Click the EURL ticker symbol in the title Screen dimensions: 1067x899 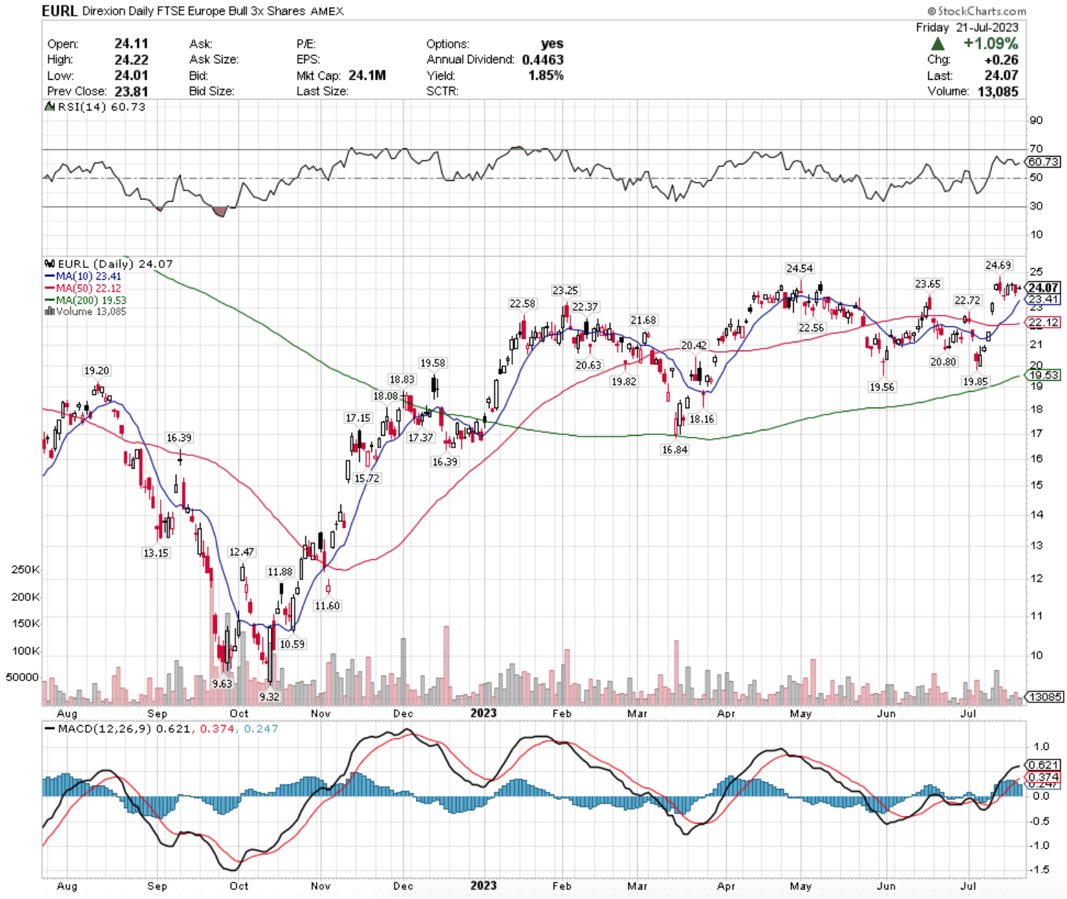coord(59,11)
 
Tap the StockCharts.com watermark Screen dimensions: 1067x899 coord(976,11)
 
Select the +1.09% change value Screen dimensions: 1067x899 coord(991,43)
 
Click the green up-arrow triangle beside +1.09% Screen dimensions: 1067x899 coord(938,44)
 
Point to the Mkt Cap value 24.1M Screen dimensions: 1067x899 coord(367,76)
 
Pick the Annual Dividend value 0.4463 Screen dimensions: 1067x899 coord(542,60)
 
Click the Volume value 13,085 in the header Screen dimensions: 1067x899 coord(998,91)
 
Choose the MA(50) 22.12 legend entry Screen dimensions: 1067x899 coord(83,288)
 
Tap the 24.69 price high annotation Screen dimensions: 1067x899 coord(998,265)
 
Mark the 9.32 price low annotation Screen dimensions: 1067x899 coord(269,696)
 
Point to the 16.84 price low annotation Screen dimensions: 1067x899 coord(674,449)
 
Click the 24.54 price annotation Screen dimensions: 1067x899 coord(799,268)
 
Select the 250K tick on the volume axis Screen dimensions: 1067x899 coord(25,570)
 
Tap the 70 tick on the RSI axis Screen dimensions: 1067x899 coord(1036,148)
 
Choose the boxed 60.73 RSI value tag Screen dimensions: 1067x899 coord(1044,162)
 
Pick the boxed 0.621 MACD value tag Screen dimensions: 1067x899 coord(1044,764)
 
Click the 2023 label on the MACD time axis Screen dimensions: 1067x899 coord(483,885)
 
